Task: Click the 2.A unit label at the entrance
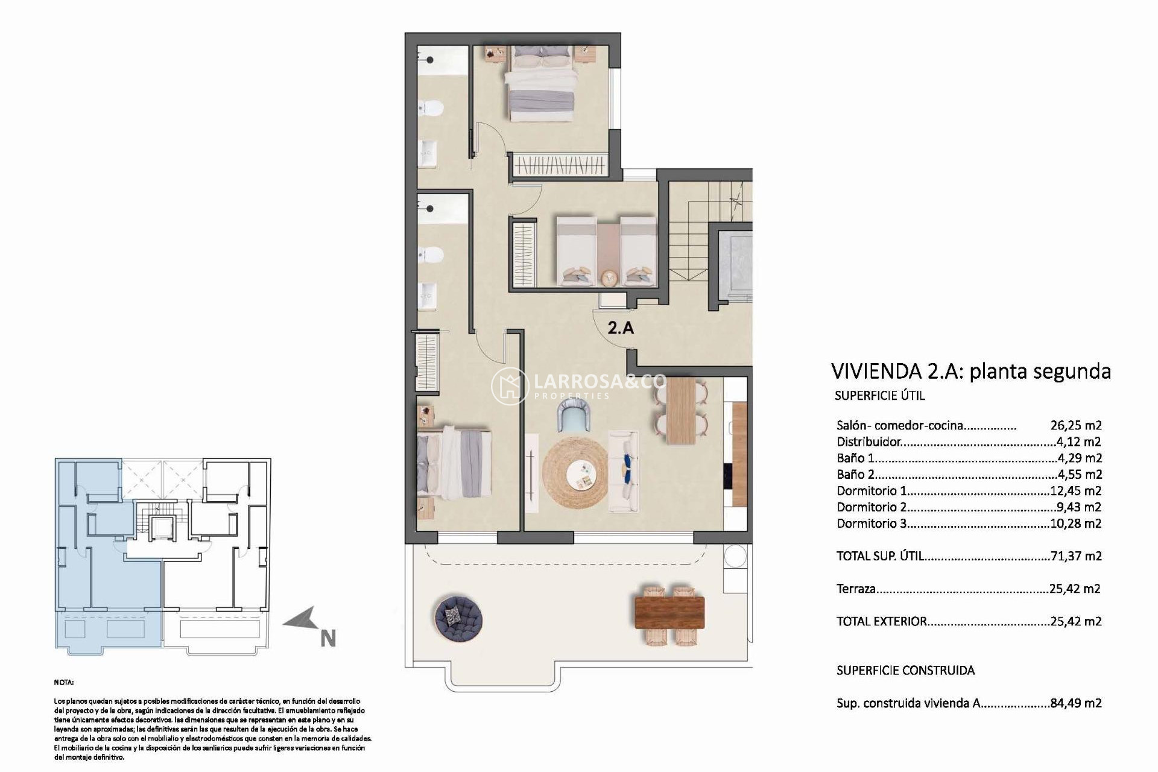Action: (621, 328)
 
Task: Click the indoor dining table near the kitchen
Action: (682, 411)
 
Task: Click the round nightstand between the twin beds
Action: (609, 278)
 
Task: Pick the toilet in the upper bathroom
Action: (431, 109)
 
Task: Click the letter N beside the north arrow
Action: (327, 639)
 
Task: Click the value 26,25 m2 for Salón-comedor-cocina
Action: (1075, 425)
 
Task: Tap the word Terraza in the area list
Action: (856, 589)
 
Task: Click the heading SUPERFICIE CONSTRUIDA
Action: (905, 670)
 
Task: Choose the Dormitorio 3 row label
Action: (871, 524)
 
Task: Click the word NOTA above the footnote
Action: (64, 683)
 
